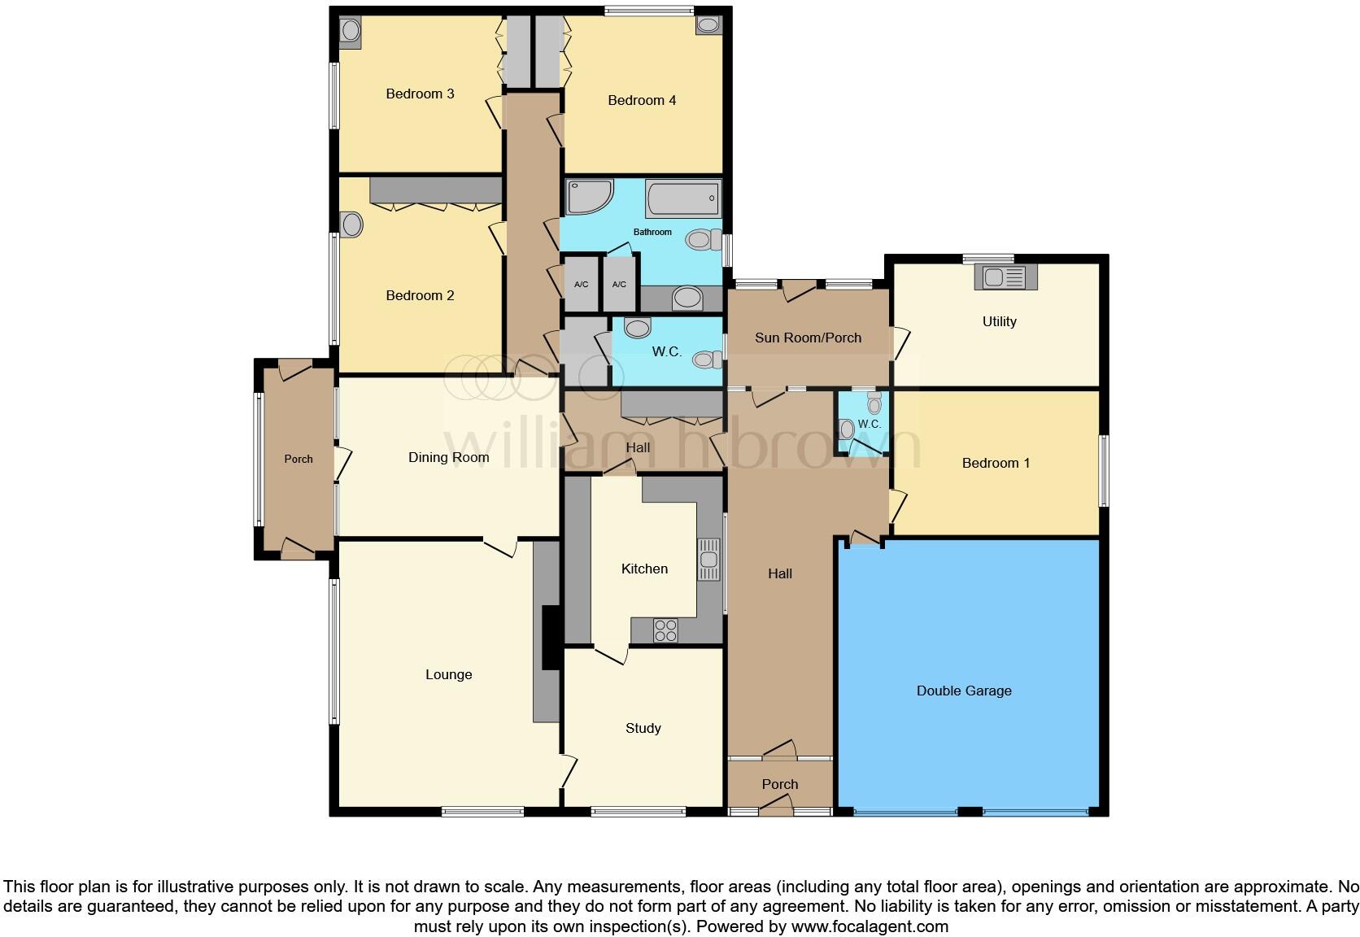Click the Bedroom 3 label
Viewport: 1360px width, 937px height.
[x=420, y=94]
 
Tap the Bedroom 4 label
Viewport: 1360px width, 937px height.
[x=642, y=101]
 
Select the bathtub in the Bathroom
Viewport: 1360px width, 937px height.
[x=682, y=198]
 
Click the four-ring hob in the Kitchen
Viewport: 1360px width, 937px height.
[x=665, y=630]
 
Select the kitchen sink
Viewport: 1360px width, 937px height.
[x=709, y=559]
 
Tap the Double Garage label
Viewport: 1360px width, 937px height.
[x=964, y=691]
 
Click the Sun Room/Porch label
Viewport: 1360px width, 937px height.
[x=808, y=338]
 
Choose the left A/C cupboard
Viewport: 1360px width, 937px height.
[x=581, y=284]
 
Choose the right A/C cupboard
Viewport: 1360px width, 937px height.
[x=619, y=284]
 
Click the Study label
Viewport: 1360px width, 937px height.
[x=643, y=729]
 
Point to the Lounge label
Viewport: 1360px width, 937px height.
[x=448, y=675]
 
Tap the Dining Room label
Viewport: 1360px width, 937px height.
[x=448, y=458]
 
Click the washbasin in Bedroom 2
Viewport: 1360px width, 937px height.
[x=351, y=224]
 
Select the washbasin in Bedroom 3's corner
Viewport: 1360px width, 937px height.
[x=351, y=31]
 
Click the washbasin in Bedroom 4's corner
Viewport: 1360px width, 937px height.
[x=708, y=25]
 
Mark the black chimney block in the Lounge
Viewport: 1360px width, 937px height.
[x=551, y=638]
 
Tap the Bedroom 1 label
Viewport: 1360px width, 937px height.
[x=996, y=464]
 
